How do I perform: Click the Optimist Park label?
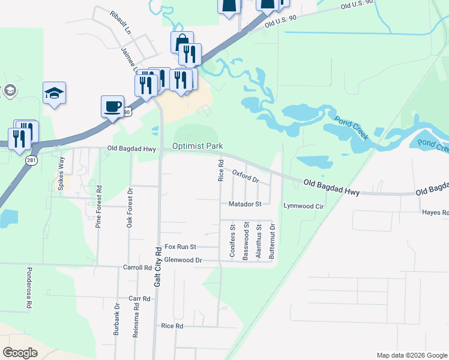[x=197, y=146]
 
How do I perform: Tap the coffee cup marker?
[x=112, y=106]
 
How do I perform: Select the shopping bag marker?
[x=182, y=43]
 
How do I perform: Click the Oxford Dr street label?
[x=245, y=176]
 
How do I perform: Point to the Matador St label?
[x=245, y=204]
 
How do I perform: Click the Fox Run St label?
[x=180, y=247]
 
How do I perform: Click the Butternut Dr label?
[x=272, y=241]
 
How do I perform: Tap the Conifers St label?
[x=232, y=241]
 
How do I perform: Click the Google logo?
[x=20, y=353]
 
